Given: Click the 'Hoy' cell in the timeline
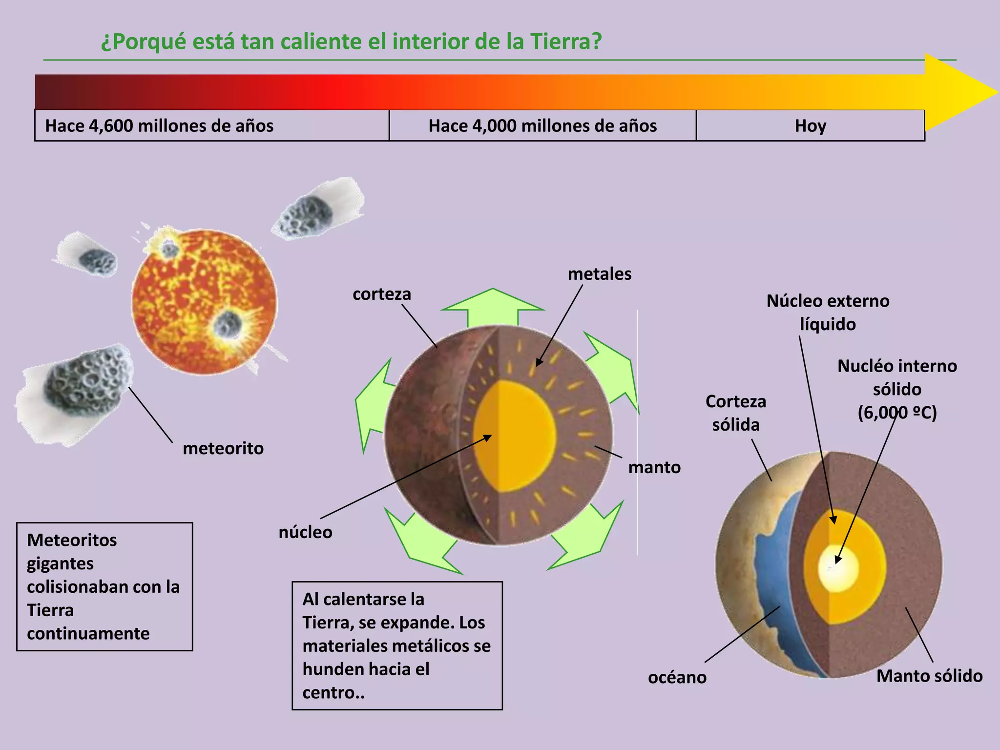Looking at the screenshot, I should click(x=810, y=126).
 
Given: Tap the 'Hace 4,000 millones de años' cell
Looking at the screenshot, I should click(x=542, y=126).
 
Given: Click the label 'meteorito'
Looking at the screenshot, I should click(x=223, y=448).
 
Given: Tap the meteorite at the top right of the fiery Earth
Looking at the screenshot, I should click(x=306, y=215).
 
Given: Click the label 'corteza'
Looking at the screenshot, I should click(x=382, y=294).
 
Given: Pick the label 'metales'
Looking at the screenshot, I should click(x=599, y=274).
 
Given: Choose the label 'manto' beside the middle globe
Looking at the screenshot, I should click(x=654, y=467).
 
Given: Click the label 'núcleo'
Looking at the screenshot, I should click(x=305, y=532).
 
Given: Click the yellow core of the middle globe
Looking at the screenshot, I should click(x=518, y=435).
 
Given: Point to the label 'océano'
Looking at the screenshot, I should click(x=677, y=677).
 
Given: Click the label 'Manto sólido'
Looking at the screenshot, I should click(x=929, y=676).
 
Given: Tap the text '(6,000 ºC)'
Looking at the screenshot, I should click(x=897, y=413).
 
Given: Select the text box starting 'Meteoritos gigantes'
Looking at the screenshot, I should click(x=104, y=586).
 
